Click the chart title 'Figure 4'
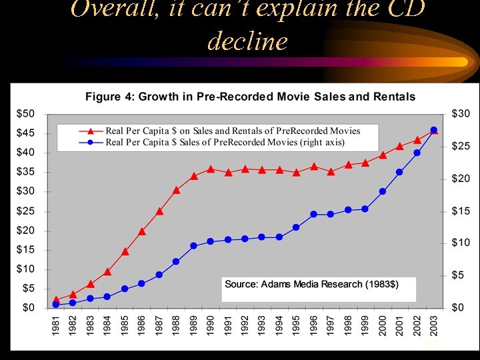click(250, 97)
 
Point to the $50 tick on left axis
click(26, 114)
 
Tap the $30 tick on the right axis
click(461, 114)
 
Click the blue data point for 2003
click(434, 130)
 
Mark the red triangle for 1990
click(211, 169)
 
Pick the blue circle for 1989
click(193, 246)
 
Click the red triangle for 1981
click(56, 299)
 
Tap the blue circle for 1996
click(314, 214)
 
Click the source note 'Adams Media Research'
click(311, 284)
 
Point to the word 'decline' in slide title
click(247, 41)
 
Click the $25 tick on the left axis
click(26, 211)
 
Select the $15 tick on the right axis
click(461, 211)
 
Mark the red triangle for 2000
click(383, 155)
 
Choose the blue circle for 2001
click(399, 172)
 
